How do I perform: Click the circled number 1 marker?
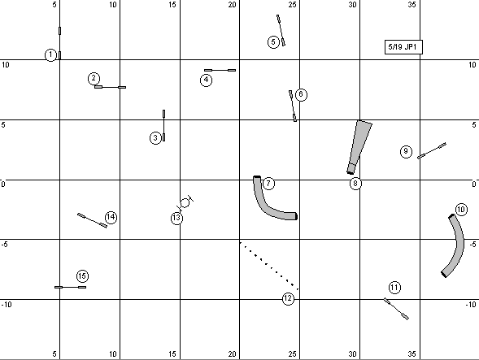coord(50,55)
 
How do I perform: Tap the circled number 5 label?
coord(273,41)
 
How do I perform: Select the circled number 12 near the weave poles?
coord(288,298)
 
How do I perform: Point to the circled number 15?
coord(82,276)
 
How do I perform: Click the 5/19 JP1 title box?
coord(403,47)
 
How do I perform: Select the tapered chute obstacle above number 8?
coord(358,146)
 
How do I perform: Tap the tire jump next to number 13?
coord(185,203)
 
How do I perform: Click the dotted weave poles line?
coord(269,266)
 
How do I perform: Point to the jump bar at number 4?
coord(220,70)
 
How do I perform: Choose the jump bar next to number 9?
coord(432,150)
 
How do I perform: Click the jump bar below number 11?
coord(396,309)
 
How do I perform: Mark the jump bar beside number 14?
coord(92,220)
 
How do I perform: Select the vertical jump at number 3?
coord(164,125)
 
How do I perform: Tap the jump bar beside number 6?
coord(293,106)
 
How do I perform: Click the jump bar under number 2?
coord(110,87)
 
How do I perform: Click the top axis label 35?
coord(412,5)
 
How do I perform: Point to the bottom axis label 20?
coord(232,353)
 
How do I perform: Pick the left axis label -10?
coord(7,305)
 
